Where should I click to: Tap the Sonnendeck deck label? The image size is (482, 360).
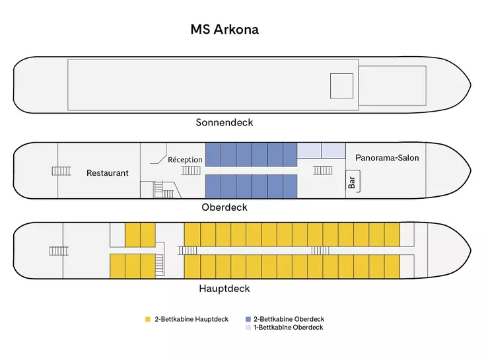click(224, 122)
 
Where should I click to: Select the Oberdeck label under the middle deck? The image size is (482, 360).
click(224, 207)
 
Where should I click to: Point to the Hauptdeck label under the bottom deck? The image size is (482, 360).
click(224, 289)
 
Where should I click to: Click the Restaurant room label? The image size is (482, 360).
click(108, 173)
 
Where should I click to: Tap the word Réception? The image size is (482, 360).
click(185, 160)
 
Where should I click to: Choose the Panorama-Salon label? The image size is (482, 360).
click(387, 158)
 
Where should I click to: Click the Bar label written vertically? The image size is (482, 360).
click(351, 182)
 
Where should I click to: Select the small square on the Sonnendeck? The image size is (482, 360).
click(342, 86)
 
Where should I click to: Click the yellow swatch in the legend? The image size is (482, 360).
click(147, 320)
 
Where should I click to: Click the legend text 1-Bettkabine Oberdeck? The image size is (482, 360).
click(289, 328)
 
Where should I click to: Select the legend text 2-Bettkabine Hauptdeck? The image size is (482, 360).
click(191, 320)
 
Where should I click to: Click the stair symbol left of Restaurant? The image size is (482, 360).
click(61, 171)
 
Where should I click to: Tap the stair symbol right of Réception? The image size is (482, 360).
click(192, 170)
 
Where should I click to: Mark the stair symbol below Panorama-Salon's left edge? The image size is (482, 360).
click(323, 170)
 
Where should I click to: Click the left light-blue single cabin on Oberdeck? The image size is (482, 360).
click(309, 151)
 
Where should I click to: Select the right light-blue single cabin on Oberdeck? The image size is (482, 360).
click(333, 151)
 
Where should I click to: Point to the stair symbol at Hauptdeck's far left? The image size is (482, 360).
click(58, 251)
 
